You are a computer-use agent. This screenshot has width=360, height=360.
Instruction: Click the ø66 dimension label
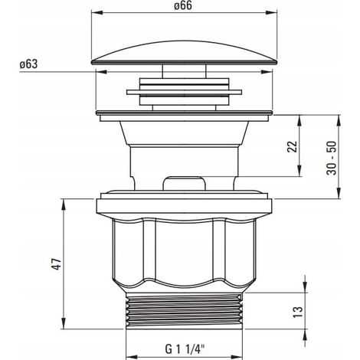click(183, 5)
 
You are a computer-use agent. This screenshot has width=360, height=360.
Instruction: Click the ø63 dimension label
click(29, 64)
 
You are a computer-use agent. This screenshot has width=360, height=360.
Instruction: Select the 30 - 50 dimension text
click(332, 158)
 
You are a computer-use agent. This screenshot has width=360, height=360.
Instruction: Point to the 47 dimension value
click(57, 264)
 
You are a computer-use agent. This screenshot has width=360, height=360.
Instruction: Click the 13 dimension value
click(298, 312)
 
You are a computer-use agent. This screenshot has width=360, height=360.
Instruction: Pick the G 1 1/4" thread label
click(185, 349)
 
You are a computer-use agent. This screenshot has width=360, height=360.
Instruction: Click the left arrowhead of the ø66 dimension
click(97, 13)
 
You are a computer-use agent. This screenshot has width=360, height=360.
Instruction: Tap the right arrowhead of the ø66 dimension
click(271, 13)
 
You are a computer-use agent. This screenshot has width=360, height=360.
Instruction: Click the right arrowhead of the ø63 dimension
click(267, 72)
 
